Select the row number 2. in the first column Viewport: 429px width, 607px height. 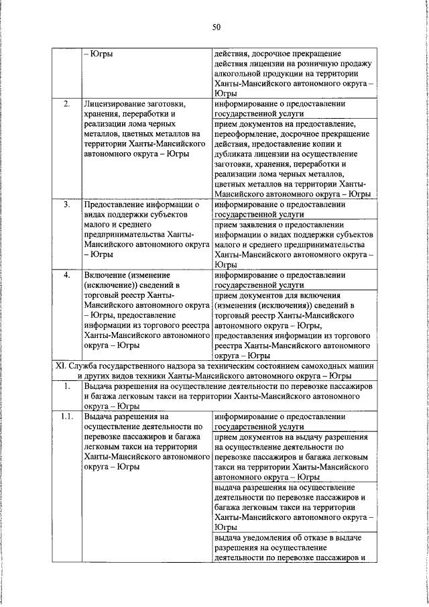(x=67, y=105)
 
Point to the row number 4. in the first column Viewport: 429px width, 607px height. (x=67, y=275)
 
